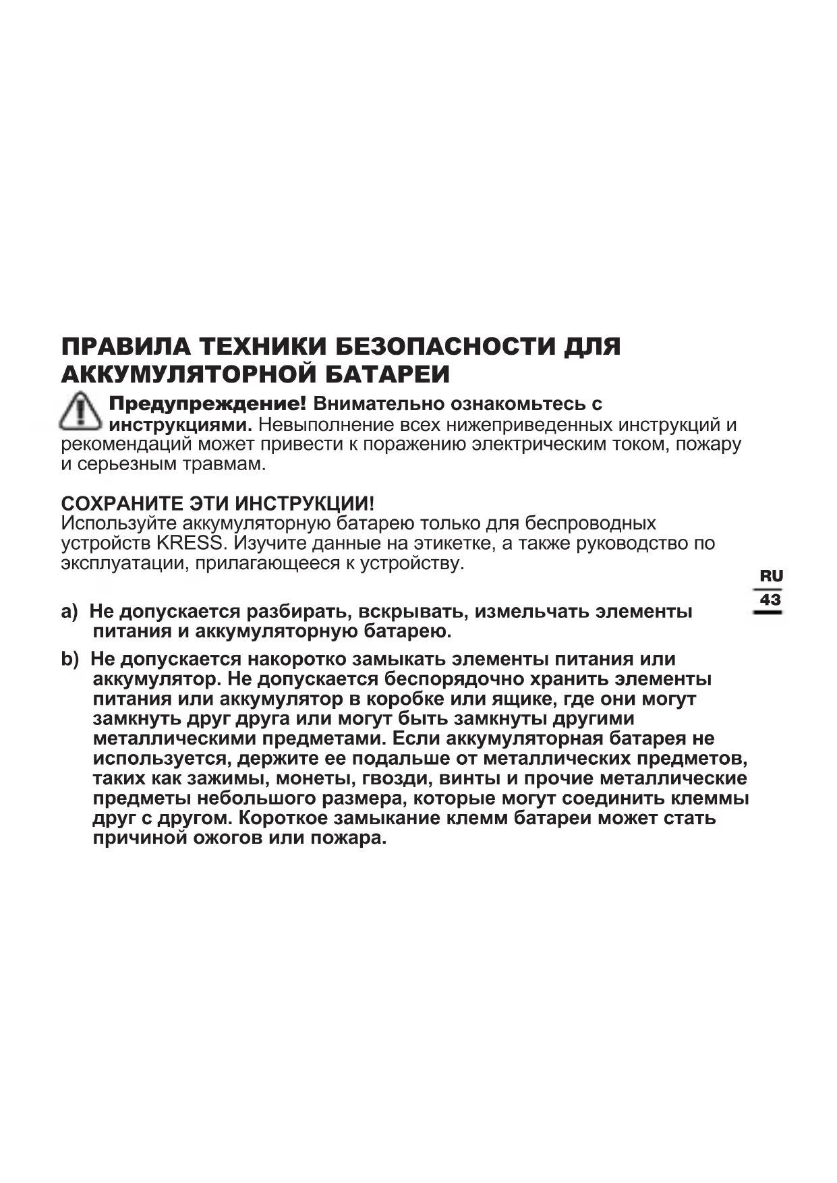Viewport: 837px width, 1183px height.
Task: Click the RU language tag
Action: [x=771, y=577]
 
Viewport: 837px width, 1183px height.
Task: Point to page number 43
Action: [x=770, y=600]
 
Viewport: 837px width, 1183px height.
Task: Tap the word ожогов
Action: [x=229, y=839]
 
